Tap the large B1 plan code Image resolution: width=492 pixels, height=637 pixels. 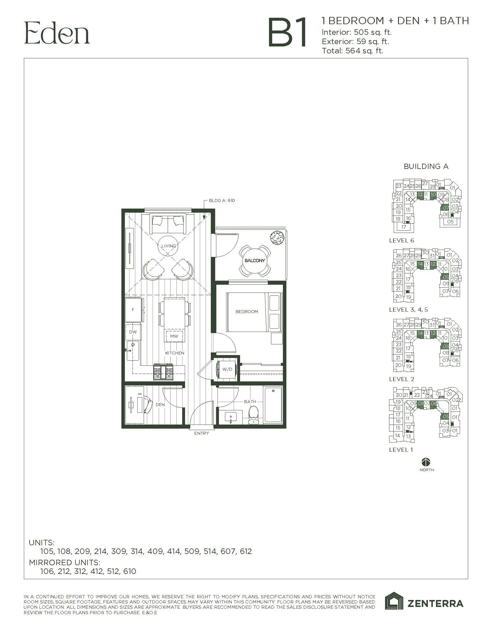(287, 33)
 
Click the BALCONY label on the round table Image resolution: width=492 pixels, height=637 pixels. (255, 260)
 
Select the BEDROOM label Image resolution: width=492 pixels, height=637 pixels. (247, 311)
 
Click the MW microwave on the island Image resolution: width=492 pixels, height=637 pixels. (174, 336)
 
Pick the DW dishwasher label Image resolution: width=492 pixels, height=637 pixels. (133, 332)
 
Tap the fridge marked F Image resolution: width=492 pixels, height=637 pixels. (133, 310)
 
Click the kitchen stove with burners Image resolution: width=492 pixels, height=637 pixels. (163, 372)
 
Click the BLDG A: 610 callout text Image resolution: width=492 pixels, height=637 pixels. (222, 201)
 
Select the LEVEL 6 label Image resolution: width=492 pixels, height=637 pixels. (402, 241)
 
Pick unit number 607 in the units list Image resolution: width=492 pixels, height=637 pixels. (228, 551)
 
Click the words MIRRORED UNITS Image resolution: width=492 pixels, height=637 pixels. (65, 562)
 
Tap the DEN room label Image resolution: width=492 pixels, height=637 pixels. (160, 405)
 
